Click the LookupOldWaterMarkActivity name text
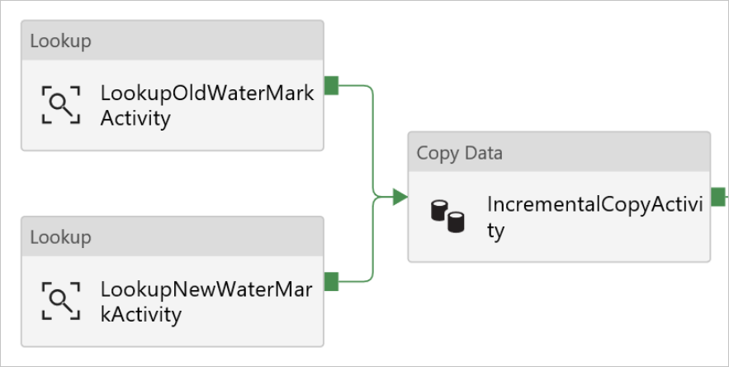pos(207,106)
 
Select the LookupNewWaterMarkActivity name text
pos(206,302)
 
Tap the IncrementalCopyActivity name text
pos(594,217)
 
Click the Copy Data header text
pos(459,153)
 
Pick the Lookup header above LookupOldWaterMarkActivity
pos(60,41)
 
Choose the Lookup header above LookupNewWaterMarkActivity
pos(60,237)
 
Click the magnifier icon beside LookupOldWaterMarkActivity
pos(61,105)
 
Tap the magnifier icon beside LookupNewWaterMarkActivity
pos(61,301)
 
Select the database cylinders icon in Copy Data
pos(447,217)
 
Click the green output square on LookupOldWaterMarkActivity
pos(331,85)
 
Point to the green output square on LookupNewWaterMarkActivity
pos(331,282)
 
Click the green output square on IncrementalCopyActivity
pos(717,197)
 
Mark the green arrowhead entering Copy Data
pos(400,197)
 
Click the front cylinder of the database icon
pos(455,222)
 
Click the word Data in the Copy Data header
pos(483,153)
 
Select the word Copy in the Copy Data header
pos(437,153)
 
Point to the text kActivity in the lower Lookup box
pos(140,314)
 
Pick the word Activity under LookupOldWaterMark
pos(135,118)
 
